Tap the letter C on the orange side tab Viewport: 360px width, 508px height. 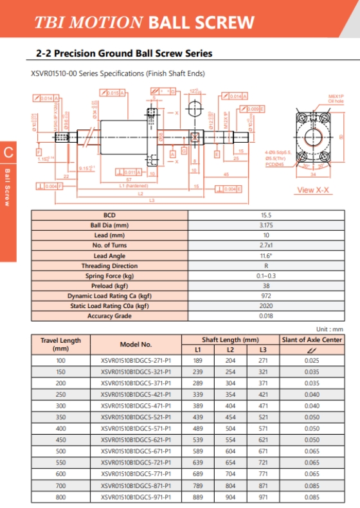(x=8, y=152)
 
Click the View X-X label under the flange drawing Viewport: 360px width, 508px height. (x=314, y=190)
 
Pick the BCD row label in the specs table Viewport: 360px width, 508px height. (x=109, y=215)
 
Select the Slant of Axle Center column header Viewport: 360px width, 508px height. (x=312, y=340)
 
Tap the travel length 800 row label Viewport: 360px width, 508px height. (x=60, y=497)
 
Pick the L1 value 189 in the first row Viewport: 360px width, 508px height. (x=198, y=361)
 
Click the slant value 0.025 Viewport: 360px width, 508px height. (x=312, y=361)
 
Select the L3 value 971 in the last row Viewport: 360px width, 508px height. (x=263, y=497)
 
